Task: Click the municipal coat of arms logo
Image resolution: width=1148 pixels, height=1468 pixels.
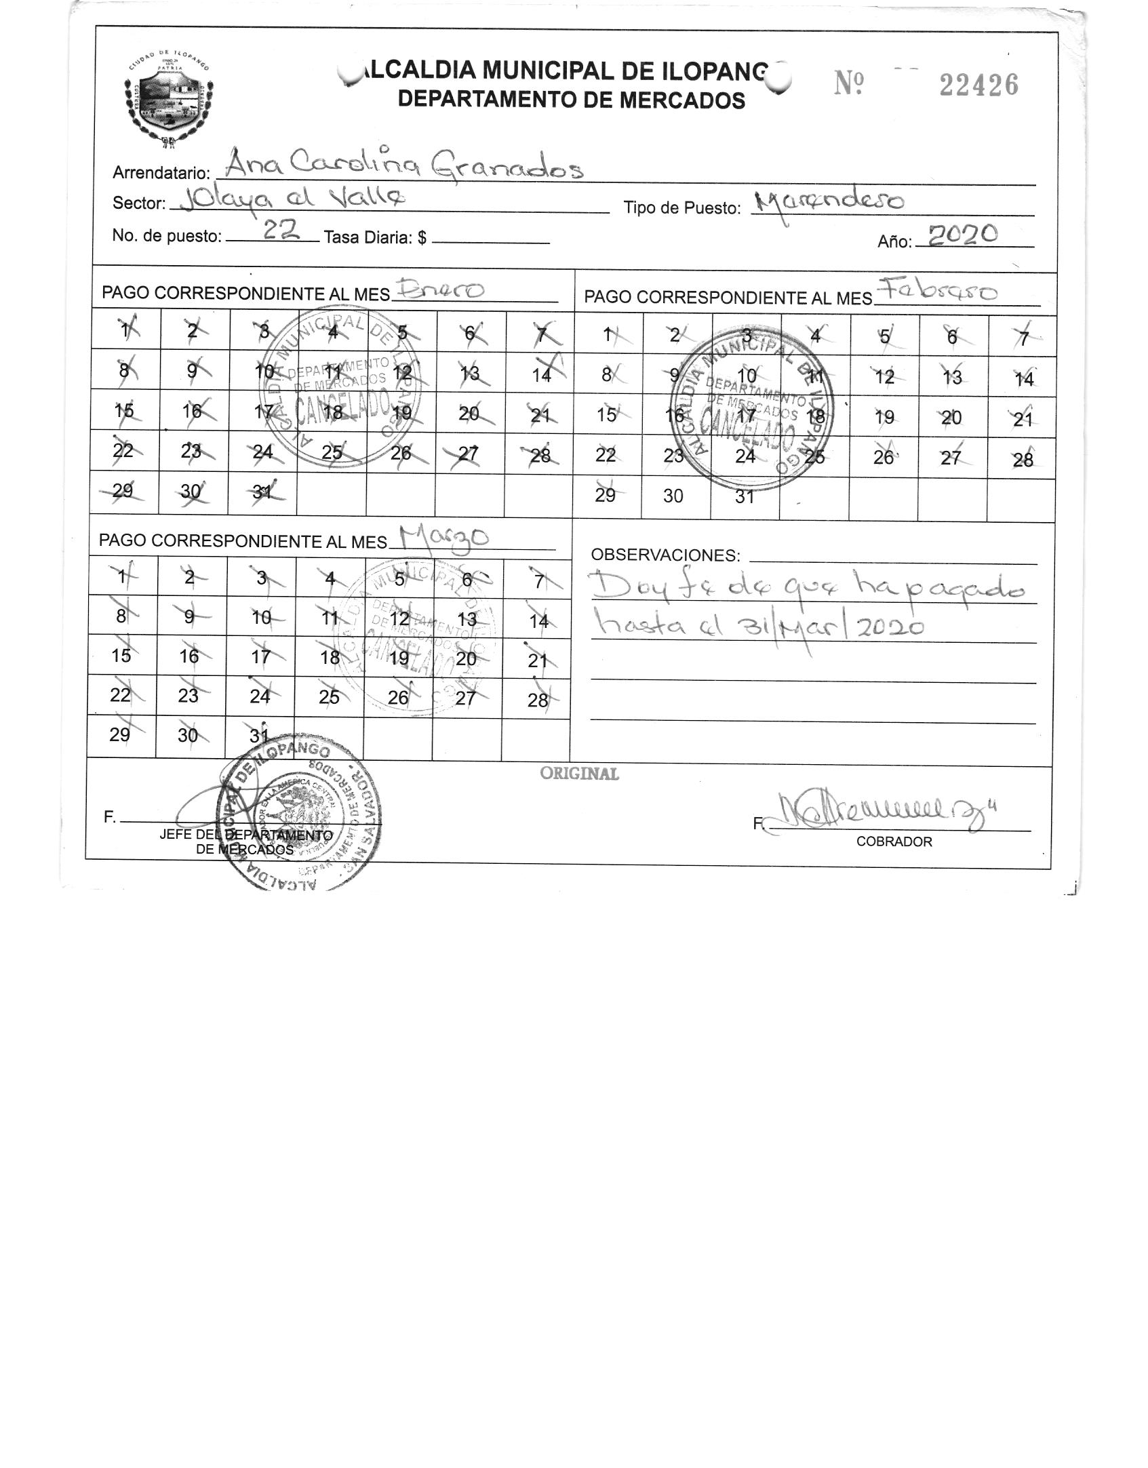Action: [x=169, y=98]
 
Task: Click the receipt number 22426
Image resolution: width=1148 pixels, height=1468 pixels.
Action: [x=978, y=85]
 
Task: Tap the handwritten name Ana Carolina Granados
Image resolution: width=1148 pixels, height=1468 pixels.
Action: [x=403, y=165]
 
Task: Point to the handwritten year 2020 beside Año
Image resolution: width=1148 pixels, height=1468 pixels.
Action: [x=963, y=235]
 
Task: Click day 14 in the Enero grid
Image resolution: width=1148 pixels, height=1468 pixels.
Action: [x=541, y=374]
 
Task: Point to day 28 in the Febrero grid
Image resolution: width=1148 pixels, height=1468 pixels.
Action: [x=1023, y=460]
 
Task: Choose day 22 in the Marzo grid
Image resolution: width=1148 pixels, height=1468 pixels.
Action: [x=121, y=695]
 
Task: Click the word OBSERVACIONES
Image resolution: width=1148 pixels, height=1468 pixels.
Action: [x=665, y=555]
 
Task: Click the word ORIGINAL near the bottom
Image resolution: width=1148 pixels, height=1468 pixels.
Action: [x=579, y=774]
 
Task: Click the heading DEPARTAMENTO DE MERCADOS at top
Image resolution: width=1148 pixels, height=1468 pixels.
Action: [x=571, y=100]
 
